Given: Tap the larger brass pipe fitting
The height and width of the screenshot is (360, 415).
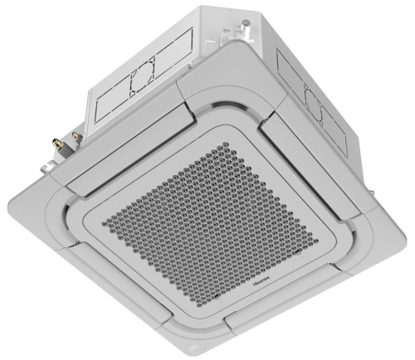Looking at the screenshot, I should pos(61,135).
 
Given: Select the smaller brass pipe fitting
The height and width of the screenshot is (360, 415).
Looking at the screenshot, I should pos(77,133).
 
